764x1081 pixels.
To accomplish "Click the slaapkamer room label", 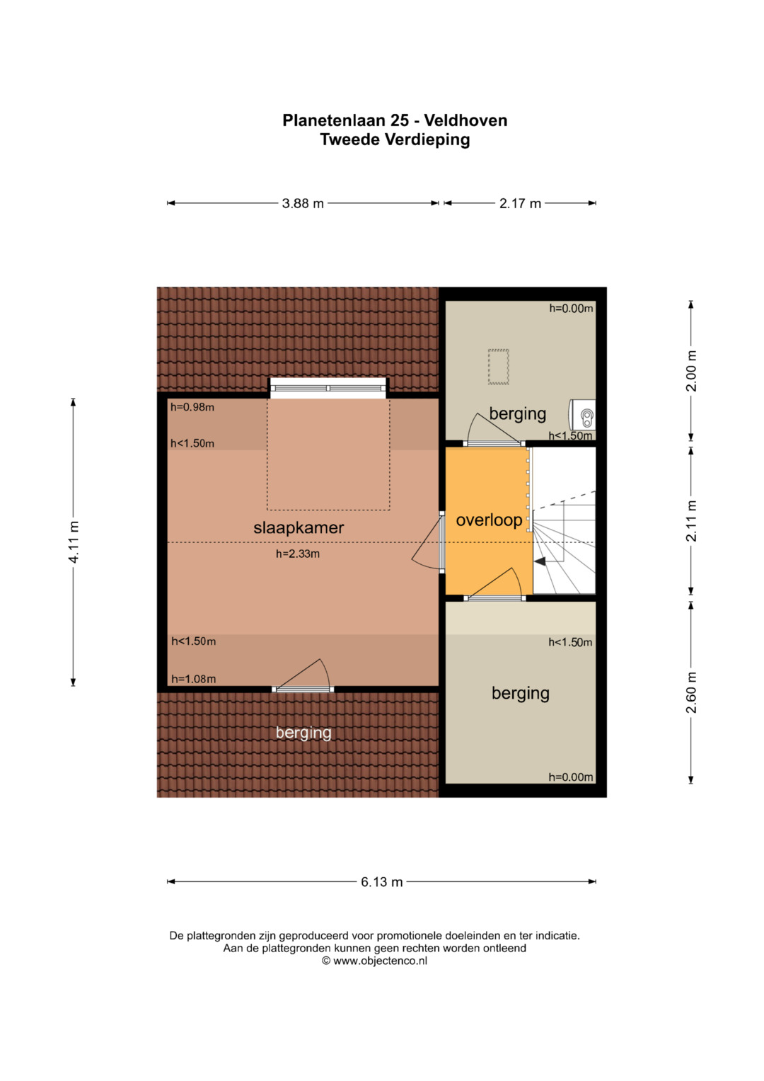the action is [299, 528].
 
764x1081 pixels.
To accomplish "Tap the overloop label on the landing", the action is [489, 520].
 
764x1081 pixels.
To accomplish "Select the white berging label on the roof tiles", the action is [303, 733].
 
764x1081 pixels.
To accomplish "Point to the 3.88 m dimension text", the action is [303, 204].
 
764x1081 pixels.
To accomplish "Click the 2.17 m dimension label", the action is [520, 204].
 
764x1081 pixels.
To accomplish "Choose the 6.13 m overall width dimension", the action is [381, 882].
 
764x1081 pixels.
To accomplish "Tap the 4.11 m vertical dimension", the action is [74, 542].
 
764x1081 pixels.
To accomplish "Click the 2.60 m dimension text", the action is [692, 692].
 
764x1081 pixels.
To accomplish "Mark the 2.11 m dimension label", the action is [692, 521].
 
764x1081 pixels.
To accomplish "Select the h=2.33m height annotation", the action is [298, 554].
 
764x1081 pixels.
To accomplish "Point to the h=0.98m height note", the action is [192, 407].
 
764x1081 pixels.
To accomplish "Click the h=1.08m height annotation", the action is [193, 679].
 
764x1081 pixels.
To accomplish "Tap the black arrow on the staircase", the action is [539, 561].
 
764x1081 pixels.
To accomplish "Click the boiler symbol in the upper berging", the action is [583, 415].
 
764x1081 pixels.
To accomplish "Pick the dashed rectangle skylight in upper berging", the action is [499, 367].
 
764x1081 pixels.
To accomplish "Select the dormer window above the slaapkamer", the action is [328, 387].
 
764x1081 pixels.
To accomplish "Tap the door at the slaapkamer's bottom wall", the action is [303, 676].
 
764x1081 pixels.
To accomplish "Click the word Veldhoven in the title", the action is [465, 120].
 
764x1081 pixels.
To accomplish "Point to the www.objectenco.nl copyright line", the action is [374, 961].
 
